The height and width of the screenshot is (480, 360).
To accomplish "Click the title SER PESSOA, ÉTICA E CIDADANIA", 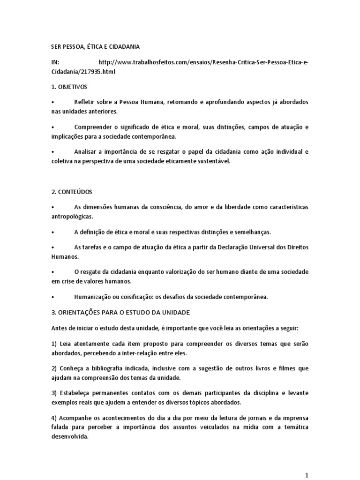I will coord(95,47).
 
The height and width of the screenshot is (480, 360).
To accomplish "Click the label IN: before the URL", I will coord(55,63).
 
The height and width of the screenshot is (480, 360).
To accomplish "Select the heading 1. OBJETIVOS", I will coord(68,87).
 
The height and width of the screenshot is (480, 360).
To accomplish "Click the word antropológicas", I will coord(72,217).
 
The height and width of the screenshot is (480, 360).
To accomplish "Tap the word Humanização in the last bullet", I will coord(93,297).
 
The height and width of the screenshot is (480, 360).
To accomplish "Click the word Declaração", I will coord(236,247).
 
